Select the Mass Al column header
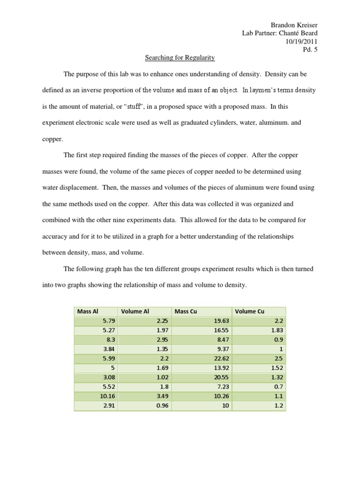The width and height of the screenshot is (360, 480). click(x=87, y=311)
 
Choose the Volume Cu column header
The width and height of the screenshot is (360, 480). click(x=249, y=311)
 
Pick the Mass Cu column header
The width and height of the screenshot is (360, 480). click(x=185, y=311)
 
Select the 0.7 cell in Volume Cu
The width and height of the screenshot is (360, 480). click(x=279, y=387)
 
